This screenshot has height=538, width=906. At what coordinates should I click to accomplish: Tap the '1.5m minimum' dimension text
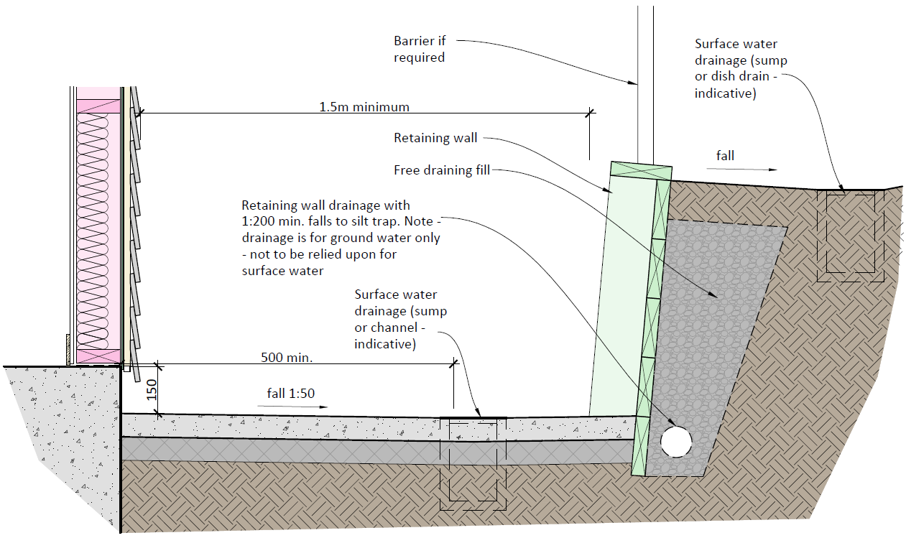pos(364,107)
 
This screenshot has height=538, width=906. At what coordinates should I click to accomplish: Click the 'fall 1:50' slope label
pos(291,393)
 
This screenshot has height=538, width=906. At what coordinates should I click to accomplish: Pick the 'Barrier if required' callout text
pos(420,50)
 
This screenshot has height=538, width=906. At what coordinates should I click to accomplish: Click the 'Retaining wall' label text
pos(435,138)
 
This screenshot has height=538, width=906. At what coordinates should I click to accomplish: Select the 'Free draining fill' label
pos(442,170)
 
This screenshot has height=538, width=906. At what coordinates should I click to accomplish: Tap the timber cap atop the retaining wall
pos(640,171)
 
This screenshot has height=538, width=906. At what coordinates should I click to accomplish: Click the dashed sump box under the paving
pos(473,460)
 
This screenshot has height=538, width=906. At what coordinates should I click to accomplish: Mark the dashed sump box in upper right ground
pos(854,231)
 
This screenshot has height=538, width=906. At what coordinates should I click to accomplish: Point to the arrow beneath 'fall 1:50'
pos(292,407)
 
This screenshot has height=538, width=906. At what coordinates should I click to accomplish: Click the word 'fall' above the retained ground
pos(725,155)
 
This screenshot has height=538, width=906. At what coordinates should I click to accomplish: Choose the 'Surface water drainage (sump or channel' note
pos(396,320)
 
